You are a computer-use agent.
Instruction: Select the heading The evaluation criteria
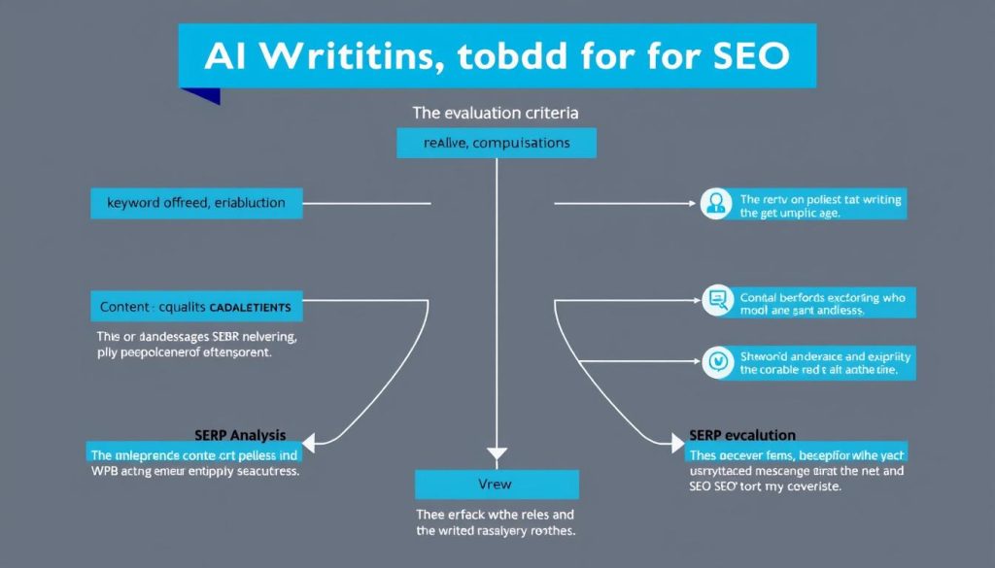pyautogui.click(x=496, y=113)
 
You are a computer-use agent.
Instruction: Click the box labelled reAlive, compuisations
pyautogui.click(x=497, y=143)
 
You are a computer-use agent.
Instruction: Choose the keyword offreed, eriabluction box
pyautogui.click(x=195, y=203)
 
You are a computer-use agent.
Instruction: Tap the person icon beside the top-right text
pyautogui.click(x=715, y=203)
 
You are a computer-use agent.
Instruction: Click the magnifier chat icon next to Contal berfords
pyautogui.click(x=718, y=300)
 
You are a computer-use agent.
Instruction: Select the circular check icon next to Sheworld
pyautogui.click(x=718, y=360)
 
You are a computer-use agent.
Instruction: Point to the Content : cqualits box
pyautogui.click(x=195, y=307)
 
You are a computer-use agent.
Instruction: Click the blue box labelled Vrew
pyautogui.click(x=497, y=484)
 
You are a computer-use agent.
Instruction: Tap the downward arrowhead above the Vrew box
pyautogui.click(x=497, y=453)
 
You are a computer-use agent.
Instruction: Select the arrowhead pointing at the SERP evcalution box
pyautogui.click(x=678, y=444)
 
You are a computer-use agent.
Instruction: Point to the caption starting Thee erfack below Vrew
pyautogui.click(x=497, y=523)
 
